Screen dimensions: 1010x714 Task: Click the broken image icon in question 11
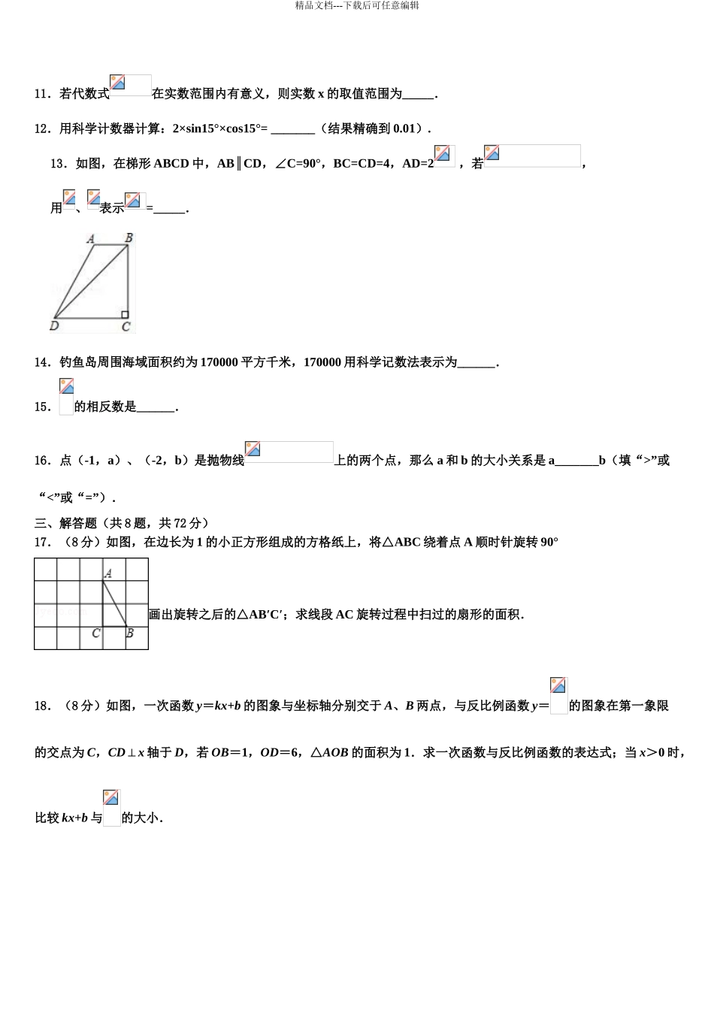(117, 83)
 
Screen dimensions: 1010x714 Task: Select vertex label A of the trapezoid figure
(91, 239)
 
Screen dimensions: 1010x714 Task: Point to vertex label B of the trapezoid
(129, 238)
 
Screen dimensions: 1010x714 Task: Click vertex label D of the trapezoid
(54, 326)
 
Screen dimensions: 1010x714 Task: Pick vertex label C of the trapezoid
(126, 327)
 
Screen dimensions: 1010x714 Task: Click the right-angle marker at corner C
(125, 314)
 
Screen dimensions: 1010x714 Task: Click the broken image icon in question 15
(66, 387)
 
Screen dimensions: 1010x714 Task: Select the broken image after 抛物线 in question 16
(253, 449)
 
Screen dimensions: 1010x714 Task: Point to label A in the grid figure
(108, 573)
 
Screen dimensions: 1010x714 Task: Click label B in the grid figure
(130, 634)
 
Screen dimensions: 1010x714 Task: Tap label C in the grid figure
(95, 634)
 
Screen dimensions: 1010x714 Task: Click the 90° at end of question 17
(549, 542)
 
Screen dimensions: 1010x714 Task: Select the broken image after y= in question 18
(558, 685)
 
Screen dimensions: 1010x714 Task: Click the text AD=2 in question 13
(418, 163)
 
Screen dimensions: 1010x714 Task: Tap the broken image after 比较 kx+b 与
(111, 798)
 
